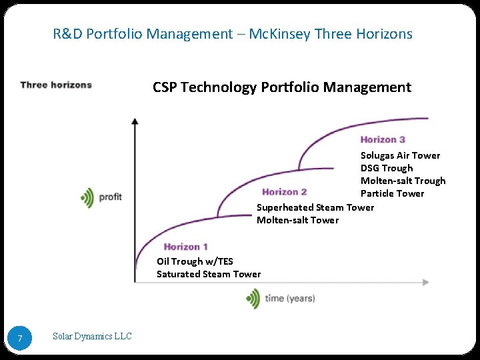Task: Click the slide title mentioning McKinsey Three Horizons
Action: point(233,33)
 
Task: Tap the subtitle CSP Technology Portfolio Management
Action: point(281,87)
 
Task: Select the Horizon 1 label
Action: point(186,247)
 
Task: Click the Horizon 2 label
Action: point(285,192)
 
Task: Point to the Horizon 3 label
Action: point(383,139)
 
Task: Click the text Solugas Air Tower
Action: point(400,155)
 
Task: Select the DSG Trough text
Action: point(387,168)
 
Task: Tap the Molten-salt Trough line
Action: point(403,181)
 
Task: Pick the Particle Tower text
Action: point(392,193)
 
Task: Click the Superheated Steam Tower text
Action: point(315,207)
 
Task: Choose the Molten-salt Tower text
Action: point(297,220)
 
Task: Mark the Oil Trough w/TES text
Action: point(195,261)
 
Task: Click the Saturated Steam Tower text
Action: point(209,274)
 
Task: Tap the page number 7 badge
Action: point(20,339)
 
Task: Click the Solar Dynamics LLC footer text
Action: point(92,337)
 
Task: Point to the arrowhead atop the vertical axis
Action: point(135,121)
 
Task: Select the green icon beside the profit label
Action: point(87,197)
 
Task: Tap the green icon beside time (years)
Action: point(253,298)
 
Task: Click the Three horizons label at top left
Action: point(56,85)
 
